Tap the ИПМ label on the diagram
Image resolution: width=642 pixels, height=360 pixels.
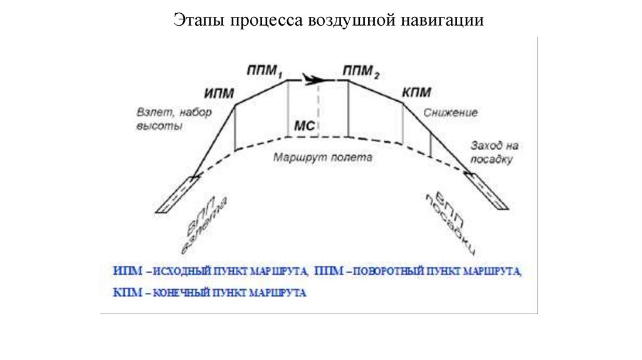click(x=219, y=93)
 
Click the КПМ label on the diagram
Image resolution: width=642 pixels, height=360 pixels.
click(x=416, y=93)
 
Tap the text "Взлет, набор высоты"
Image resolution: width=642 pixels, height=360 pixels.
click(x=174, y=119)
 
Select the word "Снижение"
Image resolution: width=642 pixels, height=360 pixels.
click(x=450, y=113)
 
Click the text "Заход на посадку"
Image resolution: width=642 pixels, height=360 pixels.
click(x=494, y=152)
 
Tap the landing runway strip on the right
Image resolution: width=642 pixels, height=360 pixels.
click(x=488, y=192)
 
